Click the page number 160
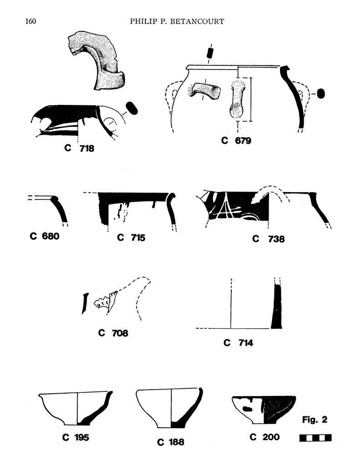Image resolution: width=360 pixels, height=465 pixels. tap(30, 22)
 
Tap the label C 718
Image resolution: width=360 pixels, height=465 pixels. tap(79, 148)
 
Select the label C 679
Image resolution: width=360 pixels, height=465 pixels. tap(236, 141)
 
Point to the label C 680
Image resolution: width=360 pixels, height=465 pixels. tap(45, 236)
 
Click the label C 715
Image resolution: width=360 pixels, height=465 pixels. tap(131, 237)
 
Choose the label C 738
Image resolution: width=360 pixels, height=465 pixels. tap(269, 238)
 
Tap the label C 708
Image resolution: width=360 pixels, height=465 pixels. tap(113, 333)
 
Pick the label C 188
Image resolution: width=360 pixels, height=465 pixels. tap(171, 441)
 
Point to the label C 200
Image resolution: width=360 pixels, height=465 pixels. tap(265, 437)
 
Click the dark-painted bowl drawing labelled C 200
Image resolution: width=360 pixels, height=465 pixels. tap(264, 409)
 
